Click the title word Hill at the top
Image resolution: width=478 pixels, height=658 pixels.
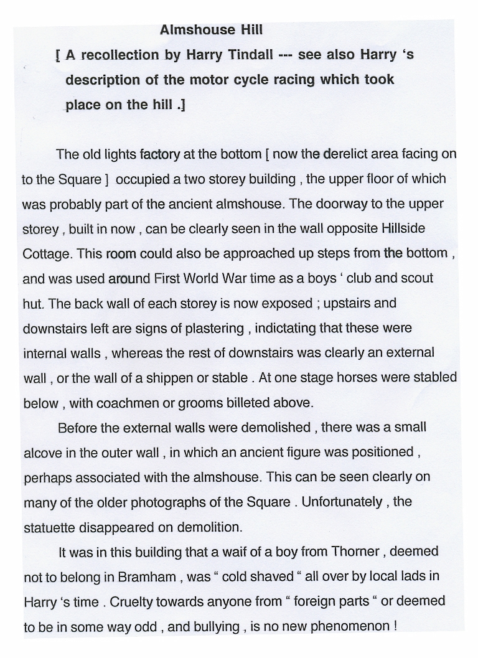click(x=251, y=29)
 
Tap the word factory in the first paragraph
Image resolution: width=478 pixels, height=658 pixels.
click(x=160, y=154)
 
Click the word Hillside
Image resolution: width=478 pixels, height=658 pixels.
click(x=403, y=228)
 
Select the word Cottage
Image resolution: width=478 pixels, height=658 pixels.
click(x=45, y=253)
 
